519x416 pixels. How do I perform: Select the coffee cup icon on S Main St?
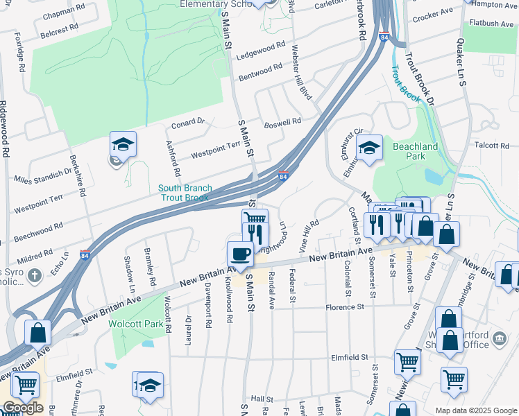241,254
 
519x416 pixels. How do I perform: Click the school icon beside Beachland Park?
370,148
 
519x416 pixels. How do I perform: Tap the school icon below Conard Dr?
123,145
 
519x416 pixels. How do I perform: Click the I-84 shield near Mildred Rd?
85,254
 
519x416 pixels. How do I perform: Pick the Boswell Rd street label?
283,122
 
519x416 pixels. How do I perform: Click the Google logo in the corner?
23,408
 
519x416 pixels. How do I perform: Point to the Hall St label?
262,399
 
